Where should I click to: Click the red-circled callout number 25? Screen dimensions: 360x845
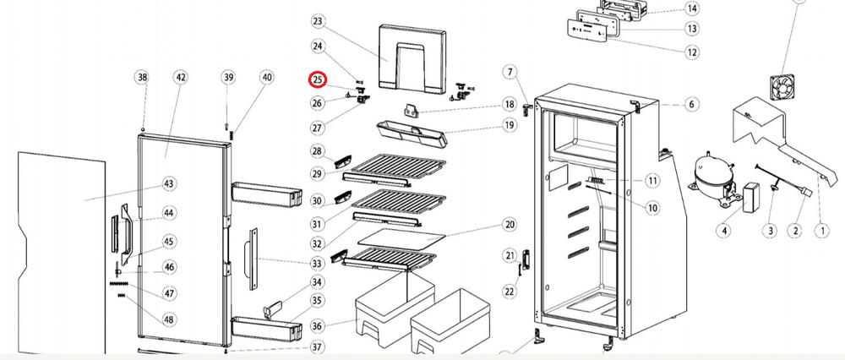coord(318,80)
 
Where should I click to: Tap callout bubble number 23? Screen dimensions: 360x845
coord(318,21)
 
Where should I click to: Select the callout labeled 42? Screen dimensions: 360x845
coord(181,77)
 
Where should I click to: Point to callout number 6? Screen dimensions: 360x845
coord(692,105)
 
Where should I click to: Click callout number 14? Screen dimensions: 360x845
coord(692,8)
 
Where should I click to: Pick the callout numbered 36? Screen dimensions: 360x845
coord(318,326)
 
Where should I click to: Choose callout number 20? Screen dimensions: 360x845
coord(510,225)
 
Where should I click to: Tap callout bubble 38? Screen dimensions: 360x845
coord(142,77)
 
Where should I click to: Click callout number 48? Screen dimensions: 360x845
coord(169,320)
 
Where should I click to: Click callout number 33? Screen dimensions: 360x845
coord(318,264)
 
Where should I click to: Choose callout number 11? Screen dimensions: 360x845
coord(652,181)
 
